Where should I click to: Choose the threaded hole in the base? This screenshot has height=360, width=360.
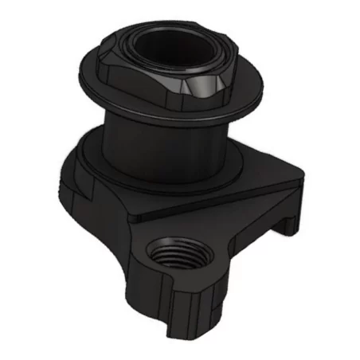tap(170, 256)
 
